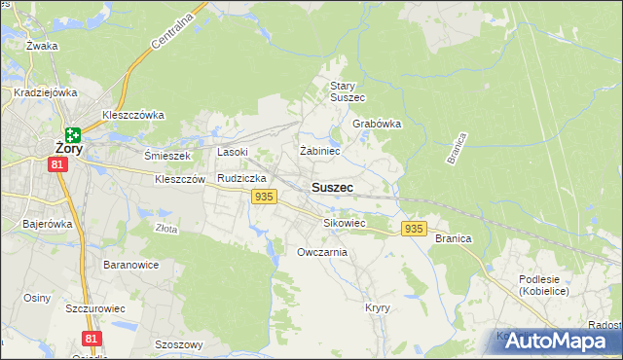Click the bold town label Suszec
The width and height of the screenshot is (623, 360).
tap(332, 187)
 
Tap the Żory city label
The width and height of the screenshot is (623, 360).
tap(68, 150)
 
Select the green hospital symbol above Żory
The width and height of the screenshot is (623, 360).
tap(73, 134)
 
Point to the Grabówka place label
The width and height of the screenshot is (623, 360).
tap(377, 125)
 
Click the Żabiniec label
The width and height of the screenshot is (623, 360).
tap(319, 152)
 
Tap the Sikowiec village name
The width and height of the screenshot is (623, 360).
tap(344, 223)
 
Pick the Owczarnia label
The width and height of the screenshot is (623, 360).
tap(322, 252)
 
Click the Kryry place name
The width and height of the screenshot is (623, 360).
tap(378, 307)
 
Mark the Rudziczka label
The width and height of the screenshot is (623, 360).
tap(241, 179)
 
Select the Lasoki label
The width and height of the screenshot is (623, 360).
tap(233, 152)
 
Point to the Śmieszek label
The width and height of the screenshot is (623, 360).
tap(168, 155)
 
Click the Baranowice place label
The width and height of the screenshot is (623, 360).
tap(130, 265)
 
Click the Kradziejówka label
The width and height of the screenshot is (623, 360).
tap(46, 93)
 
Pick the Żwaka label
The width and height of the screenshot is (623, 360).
tap(42, 46)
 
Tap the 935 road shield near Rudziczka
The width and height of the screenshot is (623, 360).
tap(262, 197)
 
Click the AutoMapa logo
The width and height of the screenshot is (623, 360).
tap(552, 341)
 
